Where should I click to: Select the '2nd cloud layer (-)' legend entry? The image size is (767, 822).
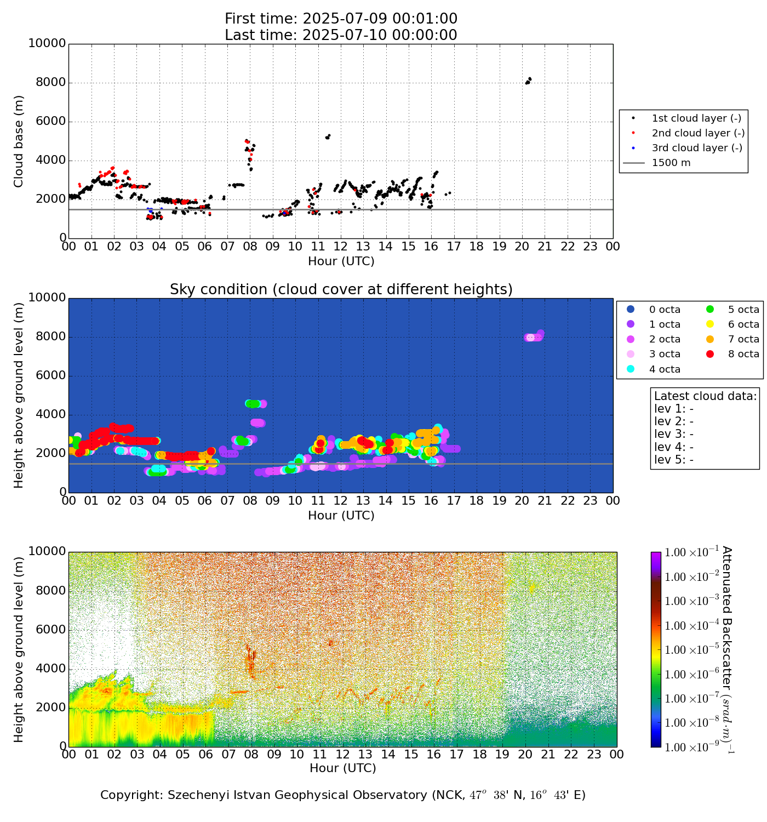click(697, 133)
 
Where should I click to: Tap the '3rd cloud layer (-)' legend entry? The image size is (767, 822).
click(696, 148)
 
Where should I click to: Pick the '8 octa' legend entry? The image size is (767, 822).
click(743, 354)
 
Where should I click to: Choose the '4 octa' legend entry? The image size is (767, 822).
click(665, 369)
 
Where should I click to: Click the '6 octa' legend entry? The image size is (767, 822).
click(743, 324)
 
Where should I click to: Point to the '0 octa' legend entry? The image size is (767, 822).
click(665, 310)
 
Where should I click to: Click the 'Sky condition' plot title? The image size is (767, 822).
click(341, 289)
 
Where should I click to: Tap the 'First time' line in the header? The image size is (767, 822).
click(341, 19)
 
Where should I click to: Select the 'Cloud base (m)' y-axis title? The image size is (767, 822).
click(19, 141)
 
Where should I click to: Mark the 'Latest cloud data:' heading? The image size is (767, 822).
click(705, 396)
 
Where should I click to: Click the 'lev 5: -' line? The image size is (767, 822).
click(674, 460)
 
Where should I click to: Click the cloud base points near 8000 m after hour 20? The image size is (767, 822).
click(528, 81)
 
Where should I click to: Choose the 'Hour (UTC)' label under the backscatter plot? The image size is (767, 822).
click(342, 768)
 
